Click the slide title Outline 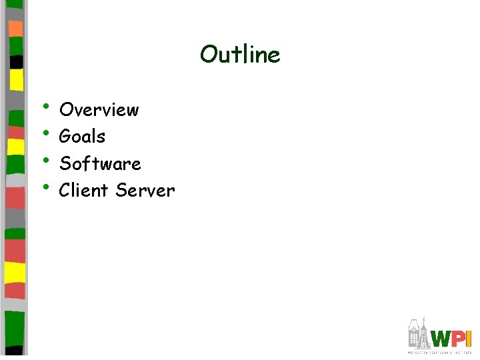click(240, 55)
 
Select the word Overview click(99, 109)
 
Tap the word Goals click(82, 137)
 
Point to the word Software click(100, 163)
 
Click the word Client click(84, 191)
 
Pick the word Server click(145, 191)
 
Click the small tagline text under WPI click(440, 351)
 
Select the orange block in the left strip click(15, 29)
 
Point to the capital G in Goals click(65, 137)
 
